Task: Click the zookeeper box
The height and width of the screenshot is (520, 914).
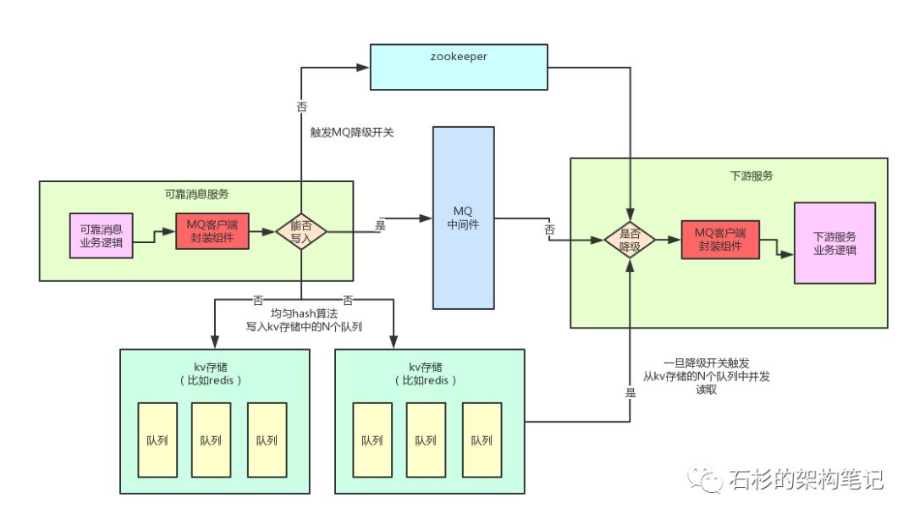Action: click(x=459, y=67)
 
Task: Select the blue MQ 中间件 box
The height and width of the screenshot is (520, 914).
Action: click(x=464, y=218)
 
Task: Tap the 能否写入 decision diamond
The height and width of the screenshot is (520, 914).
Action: click(x=300, y=232)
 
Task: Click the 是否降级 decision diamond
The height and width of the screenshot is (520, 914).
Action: click(x=630, y=240)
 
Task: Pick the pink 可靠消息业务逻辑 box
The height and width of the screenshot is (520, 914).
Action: click(x=101, y=235)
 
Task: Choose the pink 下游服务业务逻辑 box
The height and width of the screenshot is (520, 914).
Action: click(x=834, y=243)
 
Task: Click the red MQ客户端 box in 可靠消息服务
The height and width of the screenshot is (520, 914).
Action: click(x=212, y=231)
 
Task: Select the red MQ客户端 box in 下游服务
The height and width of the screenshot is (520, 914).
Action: click(x=720, y=240)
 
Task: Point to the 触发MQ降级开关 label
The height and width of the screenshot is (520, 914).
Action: click(x=352, y=132)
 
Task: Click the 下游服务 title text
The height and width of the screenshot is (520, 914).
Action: click(x=752, y=175)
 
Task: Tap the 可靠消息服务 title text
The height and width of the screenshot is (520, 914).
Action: click(x=196, y=194)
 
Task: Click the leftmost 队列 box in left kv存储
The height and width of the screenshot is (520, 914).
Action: click(x=157, y=440)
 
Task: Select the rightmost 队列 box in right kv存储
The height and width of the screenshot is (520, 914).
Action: click(x=482, y=440)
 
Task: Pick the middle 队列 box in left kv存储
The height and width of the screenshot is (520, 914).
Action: click(x=211, y=440)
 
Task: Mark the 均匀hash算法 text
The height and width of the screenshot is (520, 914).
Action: click(x=304, y=313)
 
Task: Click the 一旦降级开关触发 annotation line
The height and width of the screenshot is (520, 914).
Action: click(x=707, y=363)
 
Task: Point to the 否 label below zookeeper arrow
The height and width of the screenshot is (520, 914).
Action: click(x=301, y=107)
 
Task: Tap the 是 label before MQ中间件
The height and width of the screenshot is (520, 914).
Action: click(x=380, y=225)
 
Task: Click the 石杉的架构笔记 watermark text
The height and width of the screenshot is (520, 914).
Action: click(x=807, y=479)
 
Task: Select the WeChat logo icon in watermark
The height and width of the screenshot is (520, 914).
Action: click(x=705, y=479)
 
